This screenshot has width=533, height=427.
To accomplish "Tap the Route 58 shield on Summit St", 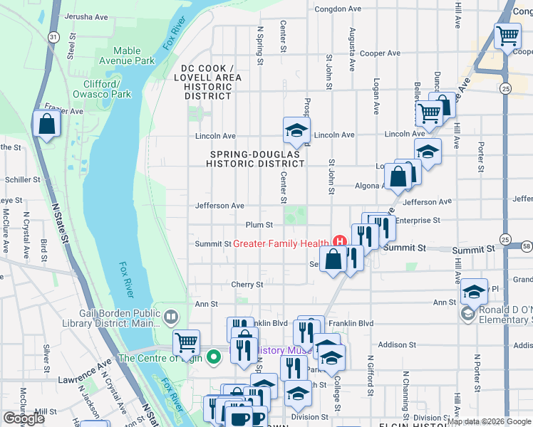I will pos(526,246).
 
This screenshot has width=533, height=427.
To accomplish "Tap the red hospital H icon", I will pos(339,243).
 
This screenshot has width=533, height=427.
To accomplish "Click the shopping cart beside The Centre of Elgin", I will pos(186,343).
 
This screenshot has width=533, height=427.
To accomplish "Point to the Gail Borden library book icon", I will pos(170,316).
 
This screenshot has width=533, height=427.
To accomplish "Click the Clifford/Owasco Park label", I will pos(102,88).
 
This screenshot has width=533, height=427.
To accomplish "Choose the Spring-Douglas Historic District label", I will pos(257,158).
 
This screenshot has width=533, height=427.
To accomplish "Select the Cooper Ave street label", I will pos(380,53).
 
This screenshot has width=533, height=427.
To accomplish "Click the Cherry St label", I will pos(247,285).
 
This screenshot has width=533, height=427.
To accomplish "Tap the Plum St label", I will pos(259,225).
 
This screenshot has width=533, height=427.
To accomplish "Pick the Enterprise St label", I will pos(418,221).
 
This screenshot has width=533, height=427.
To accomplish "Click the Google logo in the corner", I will pos(24,418).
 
